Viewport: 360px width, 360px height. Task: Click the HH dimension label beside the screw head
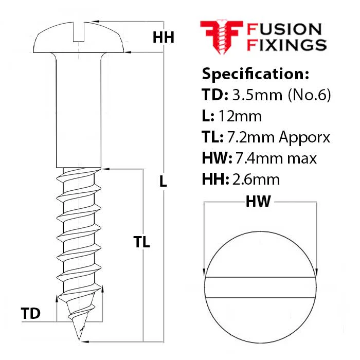click(x=164, y=37)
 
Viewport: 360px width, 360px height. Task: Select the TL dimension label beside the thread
click(x=141, y=242)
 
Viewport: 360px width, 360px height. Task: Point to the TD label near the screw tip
click(x=30, y=313)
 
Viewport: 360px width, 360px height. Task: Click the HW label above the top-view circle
click(x=258, y=202)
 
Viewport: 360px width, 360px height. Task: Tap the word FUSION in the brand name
click(x=284, y=29)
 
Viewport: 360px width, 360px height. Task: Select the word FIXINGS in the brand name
click(x=287, y=45)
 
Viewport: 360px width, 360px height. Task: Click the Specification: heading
click(x=256, y=74)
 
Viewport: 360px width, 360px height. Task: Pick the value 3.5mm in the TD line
click(x=257, y=95)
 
